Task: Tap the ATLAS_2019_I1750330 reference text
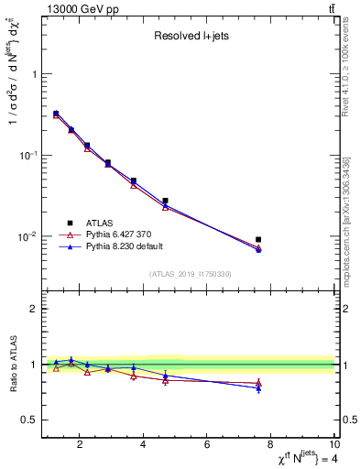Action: coord(190,274)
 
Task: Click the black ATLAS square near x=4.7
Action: coord(165,201)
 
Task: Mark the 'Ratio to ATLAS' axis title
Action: coord(12,365)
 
